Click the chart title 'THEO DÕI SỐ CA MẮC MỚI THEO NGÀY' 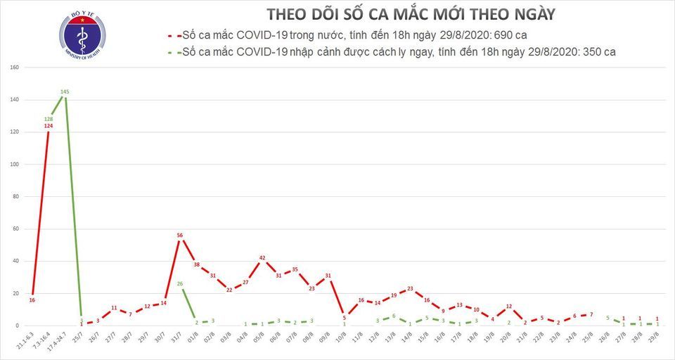(x=411, y=14)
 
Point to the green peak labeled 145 (x=65, y=92)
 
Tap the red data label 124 (x=49, y=126)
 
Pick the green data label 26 (x=179, y=284)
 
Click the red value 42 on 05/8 (x=262, y=258)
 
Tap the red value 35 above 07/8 (x=295, y=269)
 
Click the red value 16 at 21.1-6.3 (x=32, y=300)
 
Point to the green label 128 (x=49, y=119)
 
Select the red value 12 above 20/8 (x=508, y=307)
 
